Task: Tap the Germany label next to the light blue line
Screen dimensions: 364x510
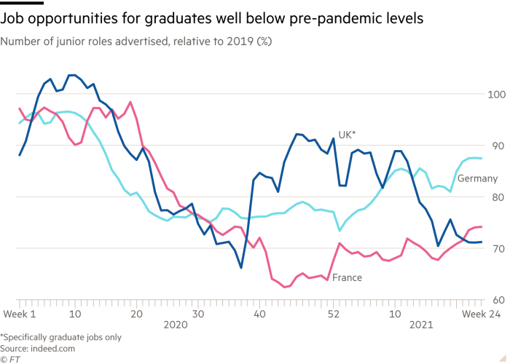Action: pos(480,178)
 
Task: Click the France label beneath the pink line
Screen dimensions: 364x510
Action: pos(348,277)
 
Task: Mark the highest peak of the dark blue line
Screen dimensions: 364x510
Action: pos(71,74)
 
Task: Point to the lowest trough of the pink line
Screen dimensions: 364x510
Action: pos(286,287)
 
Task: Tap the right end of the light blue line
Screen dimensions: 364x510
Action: pos(482,158)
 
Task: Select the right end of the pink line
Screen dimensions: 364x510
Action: pos(482,227)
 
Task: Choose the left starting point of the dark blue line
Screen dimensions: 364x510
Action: pos(20,155)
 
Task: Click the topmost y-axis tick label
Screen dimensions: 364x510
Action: pos(497,95)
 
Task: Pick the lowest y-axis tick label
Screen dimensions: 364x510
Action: pos(497,300)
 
